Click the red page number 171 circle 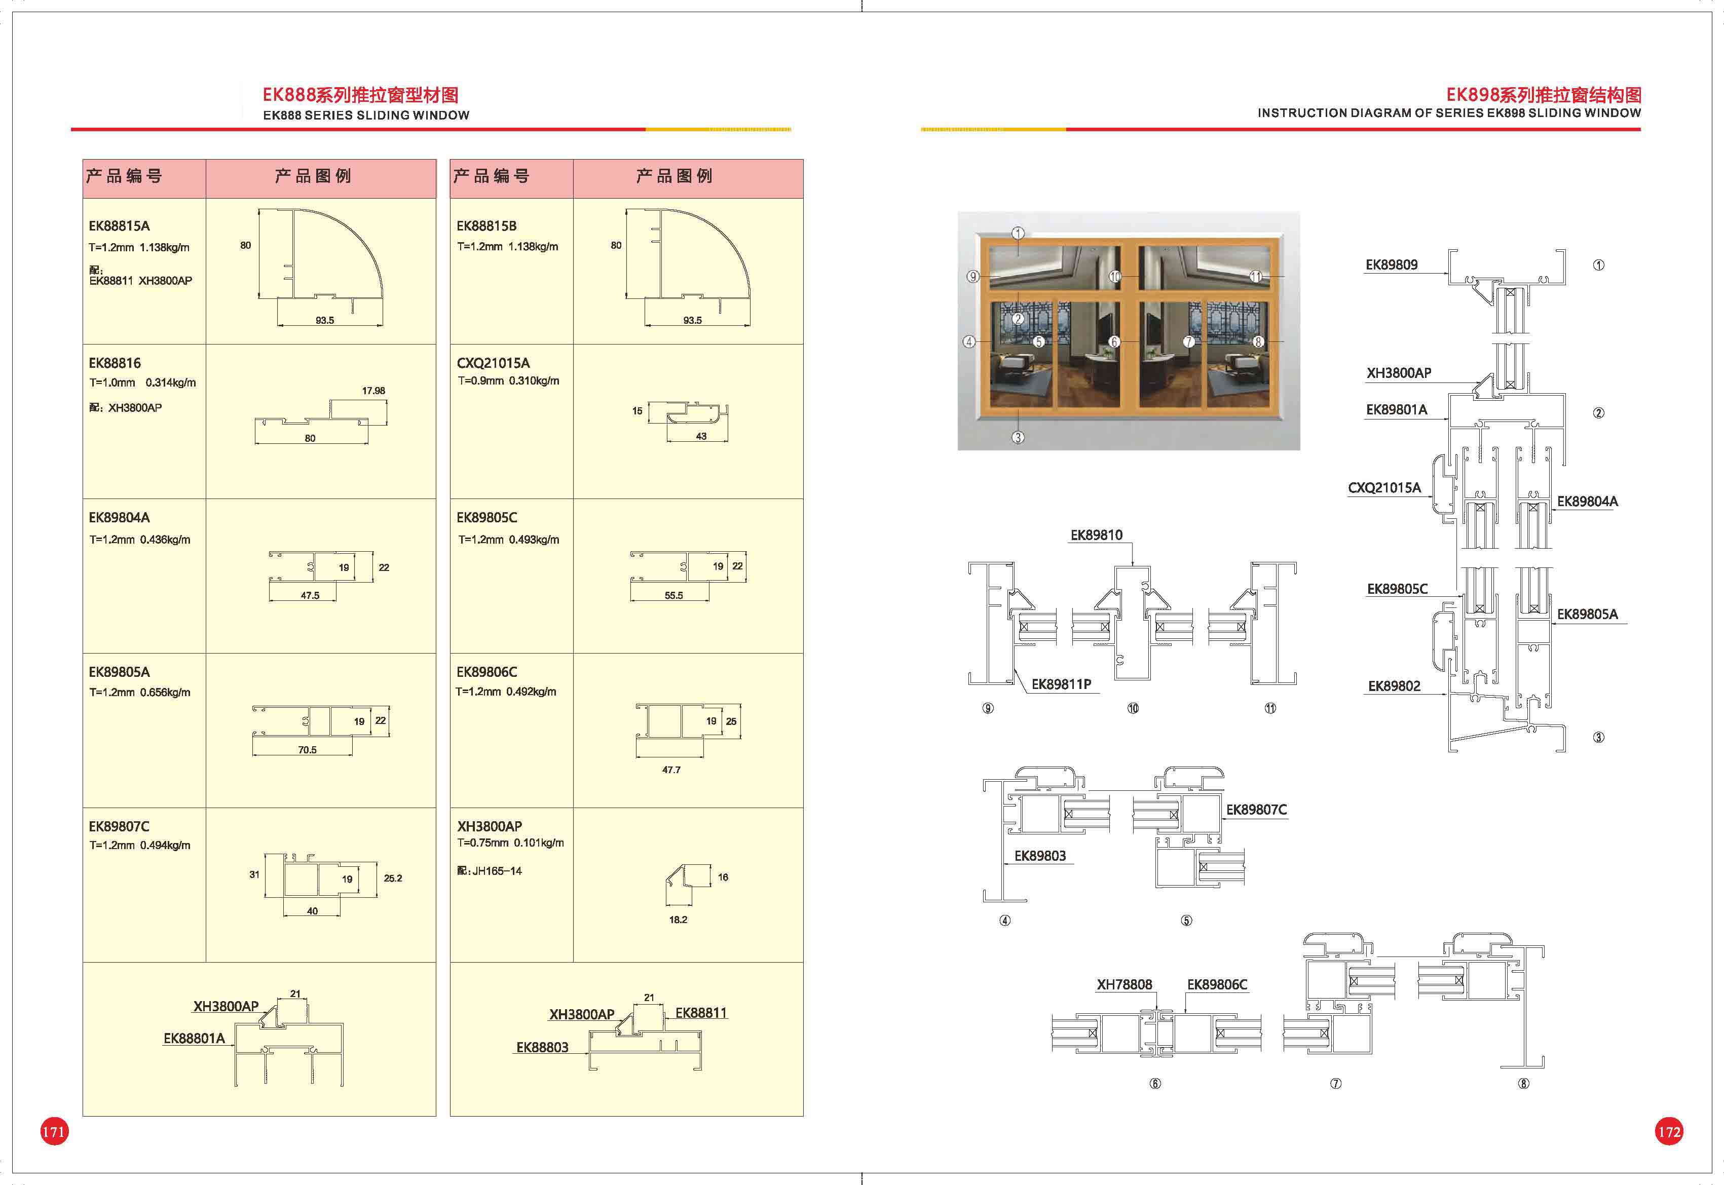coord(53,1131)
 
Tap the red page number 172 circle coord(1669,1131)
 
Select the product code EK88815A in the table coord(119,226)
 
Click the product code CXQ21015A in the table coord(493,363)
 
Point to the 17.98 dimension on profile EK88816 coord(373,391)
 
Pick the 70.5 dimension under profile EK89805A coord(308,750)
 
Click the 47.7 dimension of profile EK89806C coord(671,770)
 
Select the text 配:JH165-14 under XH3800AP coord(490,871)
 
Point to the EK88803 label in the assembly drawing coord(542,1048)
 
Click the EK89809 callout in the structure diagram coord(1392,264)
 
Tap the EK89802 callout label coord(1394,686)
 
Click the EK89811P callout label coord(1061,684)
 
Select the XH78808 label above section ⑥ coord(1124,984)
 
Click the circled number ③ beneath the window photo coord(1018,437)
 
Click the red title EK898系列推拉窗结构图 coord(1544,95)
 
